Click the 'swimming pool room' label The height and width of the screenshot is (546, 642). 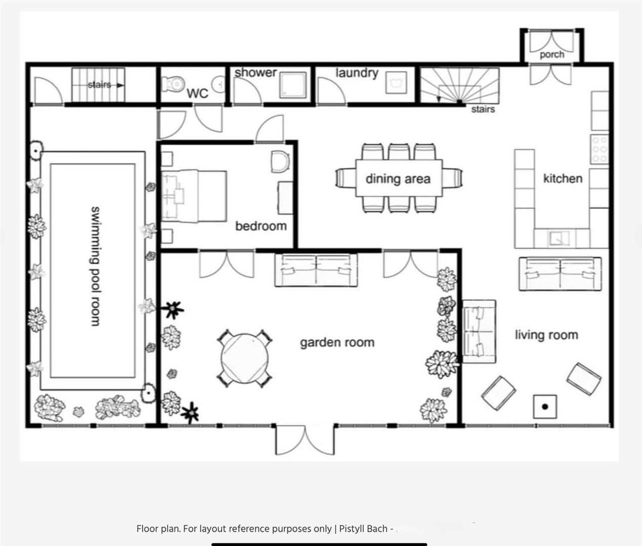pyautogui.click(x=95, y=266)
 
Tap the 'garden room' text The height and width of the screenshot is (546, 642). pyautogui.click(x=337, y=343)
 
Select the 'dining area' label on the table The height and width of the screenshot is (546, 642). pyautogui.click(x=398, y=178)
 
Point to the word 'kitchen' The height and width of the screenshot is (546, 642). pyautogui.click(x=563, y=178)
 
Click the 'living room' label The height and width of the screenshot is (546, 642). pyautogui.click(x=546, y=335)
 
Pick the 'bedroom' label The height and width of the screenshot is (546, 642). pyautogui.click(x=261, y=226)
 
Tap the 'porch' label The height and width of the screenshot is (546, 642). pyautogui.click(x=551, y=54)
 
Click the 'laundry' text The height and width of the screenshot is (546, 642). pyautogui.click(x=357, y=73)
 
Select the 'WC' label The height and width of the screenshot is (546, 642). pyautogui.click(x=197, y=94)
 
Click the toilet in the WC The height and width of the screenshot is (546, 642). pyautogui.click(x=173, y=84)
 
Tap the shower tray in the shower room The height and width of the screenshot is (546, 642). pyautogui.click(x=292, y=84)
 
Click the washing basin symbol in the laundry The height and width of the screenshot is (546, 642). pyautogui.click(x=396, y=82)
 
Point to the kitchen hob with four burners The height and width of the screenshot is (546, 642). pyautogui.click(x=600, y=150)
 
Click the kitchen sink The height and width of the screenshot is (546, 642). pyautogui.click(x=559, y=238)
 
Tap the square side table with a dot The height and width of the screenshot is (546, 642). pyautogui.click(x=545, y=406)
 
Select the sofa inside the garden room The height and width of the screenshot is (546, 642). pyautogui.click(x=316, y=270)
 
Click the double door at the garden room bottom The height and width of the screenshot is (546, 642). pyautogui.click(x=305, y=439)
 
